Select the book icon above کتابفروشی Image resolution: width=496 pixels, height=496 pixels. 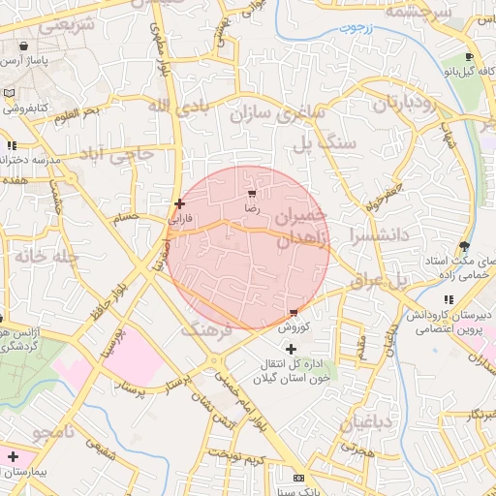[10, 93]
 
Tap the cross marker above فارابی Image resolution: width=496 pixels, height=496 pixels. [179, 203]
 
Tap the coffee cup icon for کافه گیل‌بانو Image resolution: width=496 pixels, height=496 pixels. [469, 57]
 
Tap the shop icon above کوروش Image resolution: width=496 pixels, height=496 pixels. [294, 312]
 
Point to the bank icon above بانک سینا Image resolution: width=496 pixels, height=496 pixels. [298, 479]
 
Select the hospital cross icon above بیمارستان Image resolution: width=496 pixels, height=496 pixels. [12, 456]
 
